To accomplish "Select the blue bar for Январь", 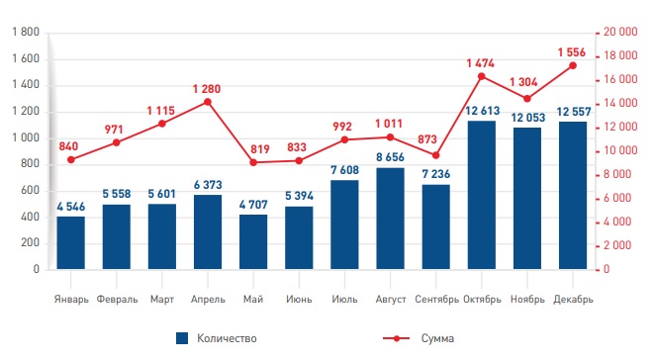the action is click(x=71, y=242).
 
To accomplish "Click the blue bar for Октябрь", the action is click(x=482, y=195).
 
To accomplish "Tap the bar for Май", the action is click(x=253, y=242).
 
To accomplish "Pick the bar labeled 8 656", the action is click(x=390, y=219).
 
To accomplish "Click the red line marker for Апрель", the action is click(x=208, y=102).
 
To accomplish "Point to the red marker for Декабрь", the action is click(x=573, y=65).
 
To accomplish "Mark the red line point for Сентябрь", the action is click(x=436, y=155).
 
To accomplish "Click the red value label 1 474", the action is click(x=481, y=63).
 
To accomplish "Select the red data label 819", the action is click(x=260, y=149).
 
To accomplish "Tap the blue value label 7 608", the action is click(x=345, y=170).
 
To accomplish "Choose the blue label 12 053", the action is click(x=528, y=118).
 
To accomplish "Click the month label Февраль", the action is click(x=117, y=300).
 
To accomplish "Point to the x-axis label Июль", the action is click(x=345, y=299).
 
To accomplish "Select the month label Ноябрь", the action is click(x=527, y=300).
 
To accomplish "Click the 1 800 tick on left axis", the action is click(x=26, y=32).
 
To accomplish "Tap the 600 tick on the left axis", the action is click(x=30, y=190).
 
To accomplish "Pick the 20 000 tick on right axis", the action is click(x=620, y=32).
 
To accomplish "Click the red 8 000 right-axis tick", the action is click(x=617, y=174).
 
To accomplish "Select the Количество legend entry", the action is click(x=217, y=338).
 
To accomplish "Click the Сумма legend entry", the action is click(x=419, y=338).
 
